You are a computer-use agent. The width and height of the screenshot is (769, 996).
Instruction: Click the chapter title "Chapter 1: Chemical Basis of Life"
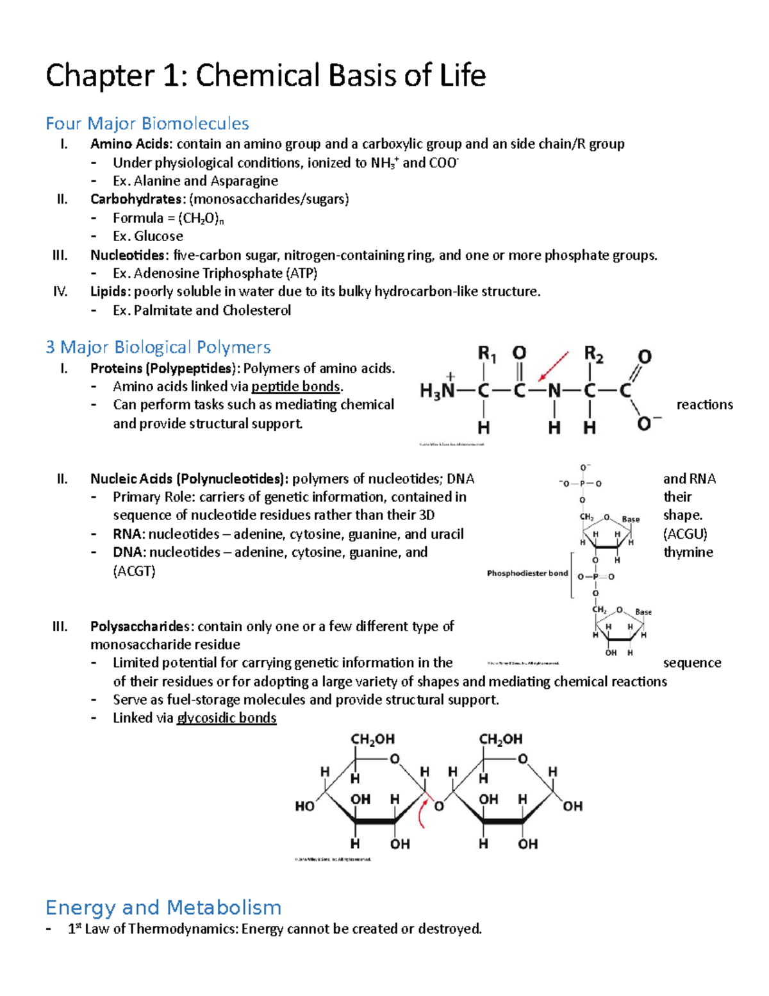point(265,76)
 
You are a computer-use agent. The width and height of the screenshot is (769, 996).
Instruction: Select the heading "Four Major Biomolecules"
point(147,123)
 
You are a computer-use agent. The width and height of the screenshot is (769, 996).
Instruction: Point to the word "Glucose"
point(158,236)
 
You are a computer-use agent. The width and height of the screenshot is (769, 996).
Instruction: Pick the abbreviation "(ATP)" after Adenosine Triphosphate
point(301,273)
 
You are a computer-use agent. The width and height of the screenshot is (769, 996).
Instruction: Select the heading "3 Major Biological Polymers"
point(158,347)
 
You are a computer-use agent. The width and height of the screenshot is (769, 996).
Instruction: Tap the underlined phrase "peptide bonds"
point(295,387)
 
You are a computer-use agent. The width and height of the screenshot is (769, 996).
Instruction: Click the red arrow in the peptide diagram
point(553,366)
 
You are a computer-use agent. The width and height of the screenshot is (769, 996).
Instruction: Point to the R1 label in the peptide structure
point(486,354)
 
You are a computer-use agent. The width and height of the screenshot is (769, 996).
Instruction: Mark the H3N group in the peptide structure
point(437,390)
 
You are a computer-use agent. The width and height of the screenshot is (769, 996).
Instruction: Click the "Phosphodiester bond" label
point(527,573)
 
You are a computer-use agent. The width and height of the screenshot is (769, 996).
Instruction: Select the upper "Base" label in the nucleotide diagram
point(631,519)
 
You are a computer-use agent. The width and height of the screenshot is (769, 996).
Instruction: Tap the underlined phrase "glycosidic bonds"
point(226,718)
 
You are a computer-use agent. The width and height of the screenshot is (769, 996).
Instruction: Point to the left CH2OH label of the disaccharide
point(372,739)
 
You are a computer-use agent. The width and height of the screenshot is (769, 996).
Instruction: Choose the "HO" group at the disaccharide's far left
point(304,806)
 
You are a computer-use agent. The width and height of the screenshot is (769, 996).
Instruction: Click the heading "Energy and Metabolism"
point(163,907)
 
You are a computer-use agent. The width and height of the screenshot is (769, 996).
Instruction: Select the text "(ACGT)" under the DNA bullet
point(134,571)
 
